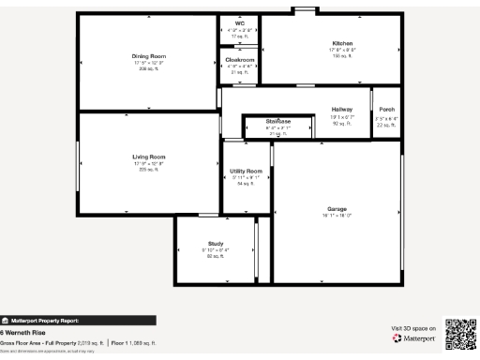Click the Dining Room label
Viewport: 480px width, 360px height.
pos(149,56)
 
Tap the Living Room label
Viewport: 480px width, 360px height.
pos(149,157)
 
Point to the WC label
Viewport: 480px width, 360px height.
pos(240,23)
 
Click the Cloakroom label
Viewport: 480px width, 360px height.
pos(240,60)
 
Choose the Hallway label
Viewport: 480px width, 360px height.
pos(342,110)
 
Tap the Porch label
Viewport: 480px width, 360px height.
pos(386,110)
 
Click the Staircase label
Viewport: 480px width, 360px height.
pos(278,122)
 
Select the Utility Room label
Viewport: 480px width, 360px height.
pos(246,171)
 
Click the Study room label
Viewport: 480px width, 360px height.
pos(216,243)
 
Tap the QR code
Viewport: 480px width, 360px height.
pos(459,333)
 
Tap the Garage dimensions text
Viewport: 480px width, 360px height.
pos(337,215)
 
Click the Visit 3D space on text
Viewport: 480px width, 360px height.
pos(413,328)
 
